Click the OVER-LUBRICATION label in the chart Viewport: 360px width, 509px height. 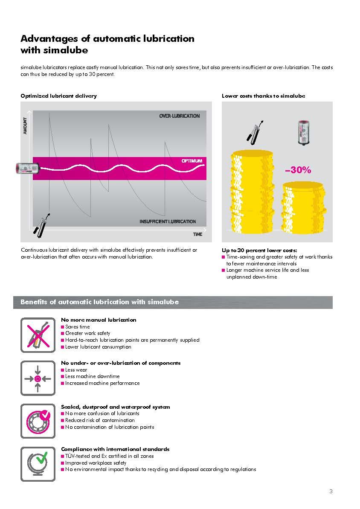pyautogui.click(x=179, y=116)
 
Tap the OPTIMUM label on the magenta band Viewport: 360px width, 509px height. pyautogui.click(x=192, y=161)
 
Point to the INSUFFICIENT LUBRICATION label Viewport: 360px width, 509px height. pyautogui.click(x=168, y=221)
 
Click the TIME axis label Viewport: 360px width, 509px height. pyautogui.click(x=197, y=234)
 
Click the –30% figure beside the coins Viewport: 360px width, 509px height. pyautogui.click(x=298, y=170)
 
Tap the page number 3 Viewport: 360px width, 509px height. pyautogui.click(x=331, y=491)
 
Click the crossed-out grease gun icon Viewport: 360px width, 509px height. pyautogui.click(x=38, y=335)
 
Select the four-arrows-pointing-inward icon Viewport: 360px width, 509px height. pyautogui.click(x=38, y=378)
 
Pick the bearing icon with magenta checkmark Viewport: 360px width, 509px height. pyautogui.click(x=38, y=421)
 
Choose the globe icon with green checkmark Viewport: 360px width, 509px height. pyautogui.click(x=38, y=464)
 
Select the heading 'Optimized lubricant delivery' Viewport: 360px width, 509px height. pyautogui.click(x=58, y=96)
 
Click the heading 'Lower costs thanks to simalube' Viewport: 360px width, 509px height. pyautogui.click(x=263, y=96)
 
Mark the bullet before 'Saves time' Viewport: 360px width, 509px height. pyautogui.click(x=63, y=327)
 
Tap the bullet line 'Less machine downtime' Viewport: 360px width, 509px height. pyautogui.click(x=92, y=376)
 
